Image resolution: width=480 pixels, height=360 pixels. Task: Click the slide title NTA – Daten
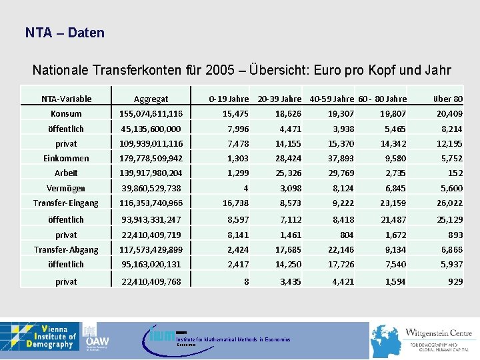click(65, 33)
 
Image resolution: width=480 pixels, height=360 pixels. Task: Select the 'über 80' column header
click(448, 99)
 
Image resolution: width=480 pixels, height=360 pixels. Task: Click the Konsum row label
click(66, 114)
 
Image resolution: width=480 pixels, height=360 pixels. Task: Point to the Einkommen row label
click(66, 159)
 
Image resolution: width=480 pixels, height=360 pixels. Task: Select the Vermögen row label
click(66, 189)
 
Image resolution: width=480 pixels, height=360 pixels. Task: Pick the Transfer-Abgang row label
click(66, 250)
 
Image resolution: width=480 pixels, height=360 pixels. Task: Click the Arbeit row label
click(66, 173)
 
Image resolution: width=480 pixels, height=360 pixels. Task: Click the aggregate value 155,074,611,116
click(151, 114)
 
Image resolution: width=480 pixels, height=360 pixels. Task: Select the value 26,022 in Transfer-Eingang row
click(449, 203)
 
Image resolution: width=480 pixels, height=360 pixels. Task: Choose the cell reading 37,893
click(341, 159)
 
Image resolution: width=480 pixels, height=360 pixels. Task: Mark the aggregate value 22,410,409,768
click(151, 282)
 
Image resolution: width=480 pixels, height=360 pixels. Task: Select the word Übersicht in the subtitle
click(293, 71)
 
